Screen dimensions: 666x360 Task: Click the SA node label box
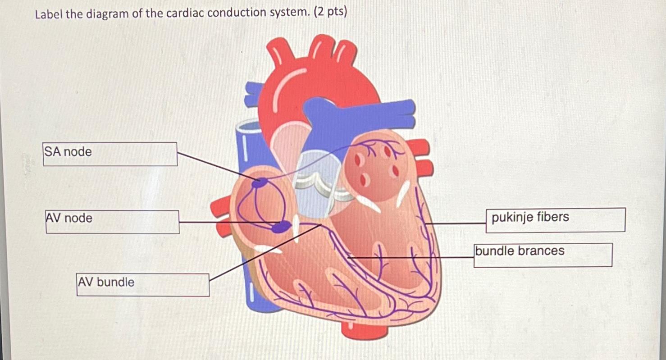click(110, 154)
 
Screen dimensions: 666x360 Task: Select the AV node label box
click(112, 222)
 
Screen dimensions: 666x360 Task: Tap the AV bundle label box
click(142, 284)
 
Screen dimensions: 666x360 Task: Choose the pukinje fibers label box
click(555, 220)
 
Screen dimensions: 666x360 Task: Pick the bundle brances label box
click(543, 255)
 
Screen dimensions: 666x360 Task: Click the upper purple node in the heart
click(260, 182)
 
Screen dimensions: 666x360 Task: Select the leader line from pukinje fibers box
click(455, 223)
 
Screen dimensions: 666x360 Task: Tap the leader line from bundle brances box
click(410, 257)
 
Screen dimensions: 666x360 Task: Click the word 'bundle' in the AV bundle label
click(115, 283)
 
